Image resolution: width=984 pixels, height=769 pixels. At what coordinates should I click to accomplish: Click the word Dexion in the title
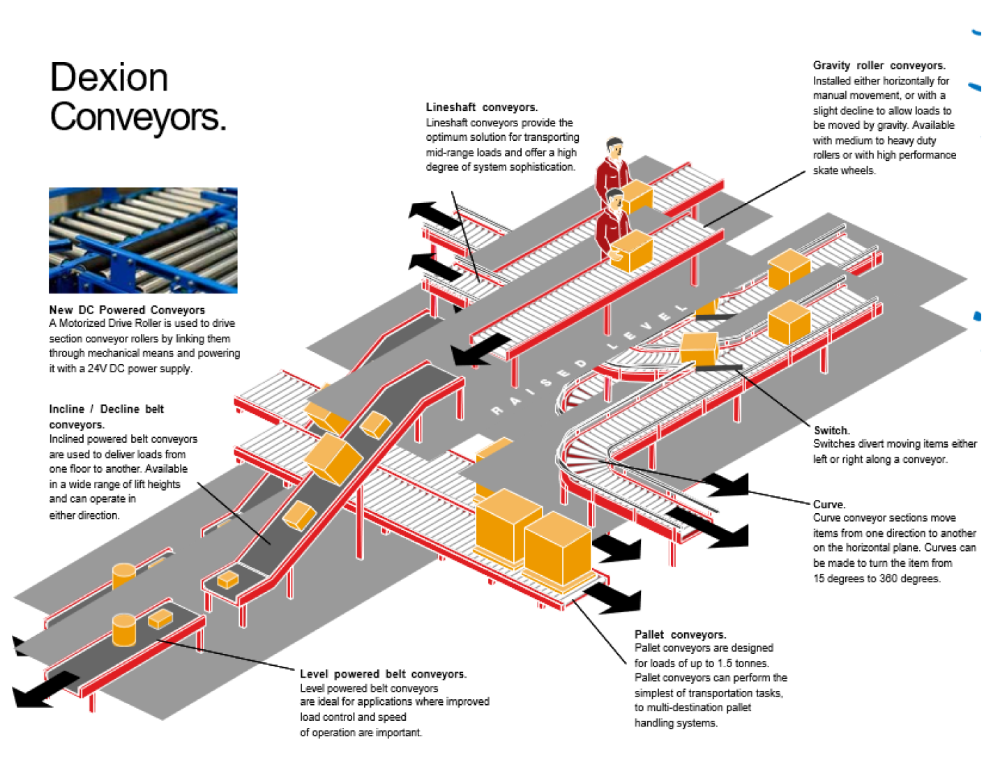point(109,77)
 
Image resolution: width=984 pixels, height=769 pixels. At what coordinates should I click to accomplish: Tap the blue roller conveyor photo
point(143,240)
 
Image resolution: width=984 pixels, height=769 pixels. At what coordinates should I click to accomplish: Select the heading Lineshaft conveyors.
point(481,107)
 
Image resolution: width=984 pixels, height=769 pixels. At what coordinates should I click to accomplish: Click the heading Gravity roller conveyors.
point(879,66)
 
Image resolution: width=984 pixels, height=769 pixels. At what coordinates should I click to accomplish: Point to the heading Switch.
point(831,430)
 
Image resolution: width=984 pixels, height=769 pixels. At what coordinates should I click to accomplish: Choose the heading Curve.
point(829,504)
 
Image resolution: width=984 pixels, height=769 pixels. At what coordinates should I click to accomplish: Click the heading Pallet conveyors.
point(680,634)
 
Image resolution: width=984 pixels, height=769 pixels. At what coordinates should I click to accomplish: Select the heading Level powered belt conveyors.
point(383,673)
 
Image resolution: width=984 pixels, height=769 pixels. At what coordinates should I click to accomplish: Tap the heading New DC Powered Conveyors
point(127,310)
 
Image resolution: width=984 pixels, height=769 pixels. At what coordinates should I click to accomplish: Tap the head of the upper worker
point(614,147)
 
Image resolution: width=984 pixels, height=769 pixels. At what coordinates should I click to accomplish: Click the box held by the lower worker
point(633,250)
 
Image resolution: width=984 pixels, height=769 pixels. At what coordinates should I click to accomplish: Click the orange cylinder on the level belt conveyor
point(124,630)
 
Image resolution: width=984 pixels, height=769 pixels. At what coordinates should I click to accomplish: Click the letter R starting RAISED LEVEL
point(497,411)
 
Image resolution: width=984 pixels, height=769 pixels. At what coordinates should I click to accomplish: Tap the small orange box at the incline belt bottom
point(227,579)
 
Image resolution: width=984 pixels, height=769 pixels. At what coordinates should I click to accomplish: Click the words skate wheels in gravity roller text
point(844,171)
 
